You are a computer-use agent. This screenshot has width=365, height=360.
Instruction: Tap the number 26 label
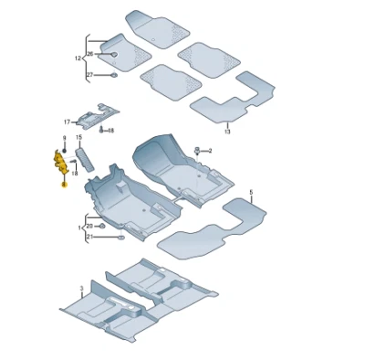[89, 53]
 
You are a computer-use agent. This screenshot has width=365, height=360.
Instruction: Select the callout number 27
[89, 73]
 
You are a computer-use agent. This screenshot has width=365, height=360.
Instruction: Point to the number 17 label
[67, 121]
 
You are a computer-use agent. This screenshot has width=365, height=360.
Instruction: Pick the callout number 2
[209, 150]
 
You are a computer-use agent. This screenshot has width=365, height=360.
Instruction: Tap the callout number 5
[251, 193]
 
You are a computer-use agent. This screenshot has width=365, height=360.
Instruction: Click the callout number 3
[81, 288]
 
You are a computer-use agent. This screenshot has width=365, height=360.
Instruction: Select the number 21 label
[89, 237]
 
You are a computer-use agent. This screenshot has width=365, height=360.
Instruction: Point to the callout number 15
[78, 138]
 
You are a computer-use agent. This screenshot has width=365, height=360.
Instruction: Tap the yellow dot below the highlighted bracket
[64, 185]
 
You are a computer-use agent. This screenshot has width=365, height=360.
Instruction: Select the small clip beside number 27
[111, 75]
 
